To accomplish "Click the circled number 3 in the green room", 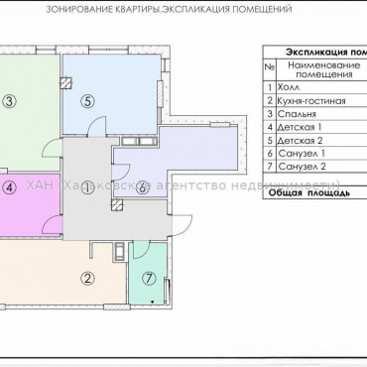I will tap(9, 100).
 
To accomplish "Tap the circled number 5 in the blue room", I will tap(88, 100).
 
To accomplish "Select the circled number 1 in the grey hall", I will tap(88, 186).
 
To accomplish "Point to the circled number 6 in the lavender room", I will tap(143, 186).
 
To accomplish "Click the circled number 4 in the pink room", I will tap(9, 186).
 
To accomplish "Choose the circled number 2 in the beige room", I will tap(88, 251).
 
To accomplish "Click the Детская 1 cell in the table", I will tap(302, 128).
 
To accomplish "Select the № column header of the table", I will tap(269, 67).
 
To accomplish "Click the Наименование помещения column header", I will tap(319, 68).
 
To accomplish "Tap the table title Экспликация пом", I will tap(322, 49).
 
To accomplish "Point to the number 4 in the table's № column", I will tap(269, 128).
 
